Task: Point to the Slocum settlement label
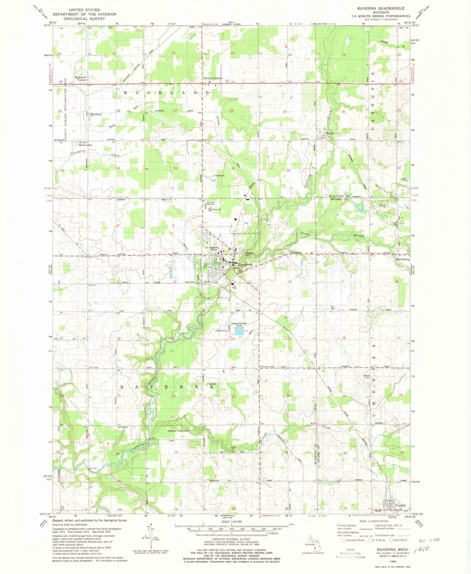329,133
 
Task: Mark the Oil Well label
333,307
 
